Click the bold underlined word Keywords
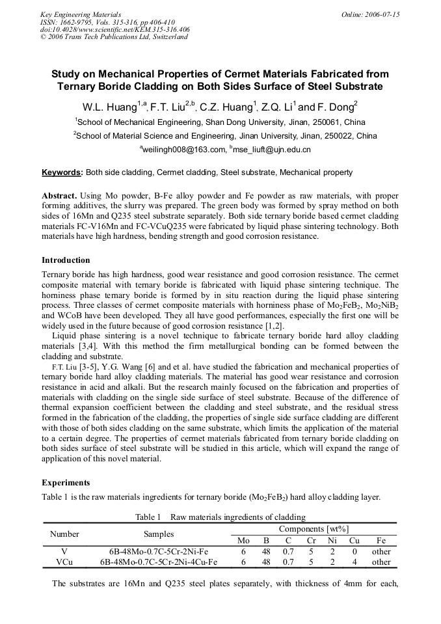[x=62, y=172]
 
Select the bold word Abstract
[x=60, y=196]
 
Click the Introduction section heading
[x=66, y=260]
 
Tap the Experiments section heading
[x=66, y=483]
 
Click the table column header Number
[x=64, y=534]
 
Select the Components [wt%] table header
[x=314, y=530]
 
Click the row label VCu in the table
[x=64, y=562]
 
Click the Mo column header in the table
[x=244, y=541]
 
